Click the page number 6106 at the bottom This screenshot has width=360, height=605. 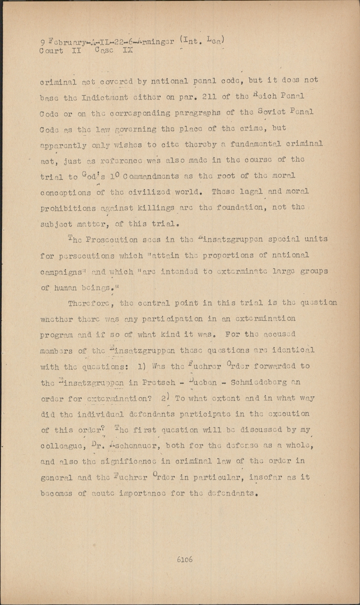pos(184,559)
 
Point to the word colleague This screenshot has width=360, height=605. pos(60,446)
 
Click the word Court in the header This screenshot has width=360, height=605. pos(51,51)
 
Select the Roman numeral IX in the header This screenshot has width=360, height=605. pos(127,51)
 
